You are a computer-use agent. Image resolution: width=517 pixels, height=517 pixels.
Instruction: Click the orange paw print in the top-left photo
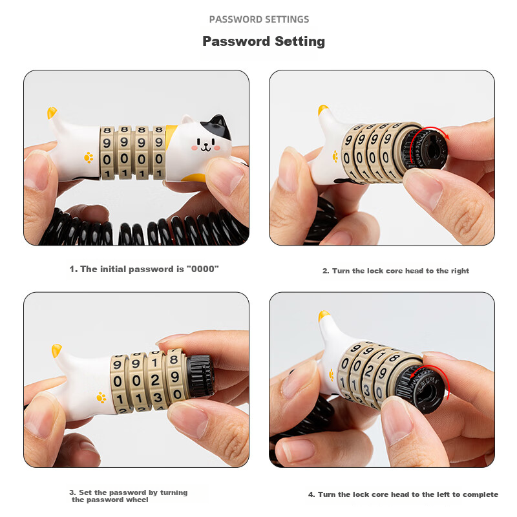(x=89, y=157)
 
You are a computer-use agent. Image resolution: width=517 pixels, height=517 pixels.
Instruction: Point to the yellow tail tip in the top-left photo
(x=52, y=112)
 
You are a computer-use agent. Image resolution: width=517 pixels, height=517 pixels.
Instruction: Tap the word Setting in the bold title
(x=300, y=41)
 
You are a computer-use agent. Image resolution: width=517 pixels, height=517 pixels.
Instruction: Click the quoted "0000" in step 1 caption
(x=202, y=269)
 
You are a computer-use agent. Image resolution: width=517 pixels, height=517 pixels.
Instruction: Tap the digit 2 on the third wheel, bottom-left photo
(x=155, y=381)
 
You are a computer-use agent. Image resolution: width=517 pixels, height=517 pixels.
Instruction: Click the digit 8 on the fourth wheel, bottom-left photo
(x=174, y=359)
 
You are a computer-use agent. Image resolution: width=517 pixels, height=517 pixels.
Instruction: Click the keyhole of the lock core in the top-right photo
(x=429, y=149)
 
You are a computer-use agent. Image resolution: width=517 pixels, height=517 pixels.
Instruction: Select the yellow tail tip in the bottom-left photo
(x=56, y=350)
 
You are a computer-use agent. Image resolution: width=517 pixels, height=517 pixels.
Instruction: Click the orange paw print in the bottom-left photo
(x=101, y=397)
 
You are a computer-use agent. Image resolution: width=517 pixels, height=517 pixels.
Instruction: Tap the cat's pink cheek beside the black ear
(x=216, y=147)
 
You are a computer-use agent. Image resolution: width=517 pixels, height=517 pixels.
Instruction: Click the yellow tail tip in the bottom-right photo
(x=323, y=315)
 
